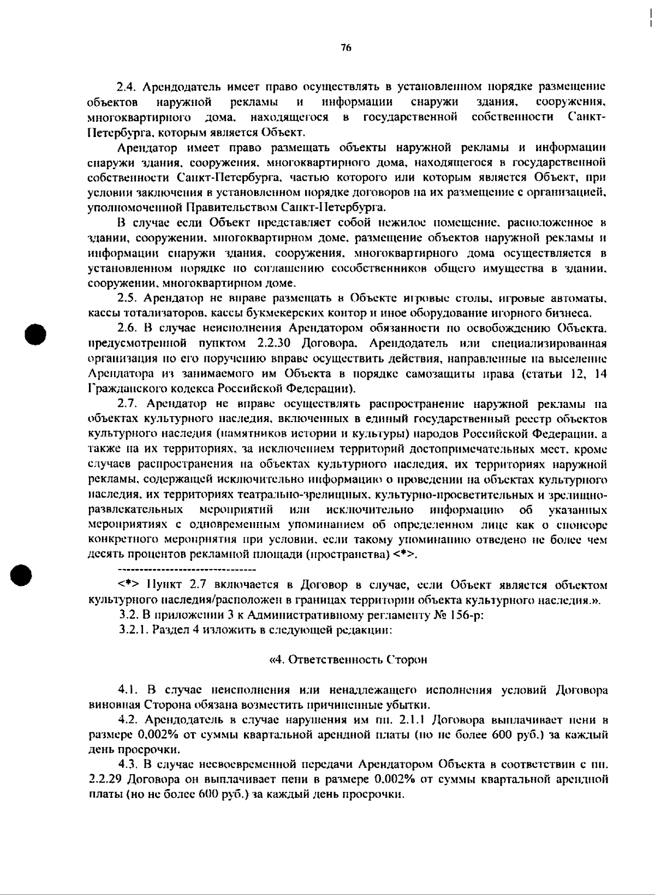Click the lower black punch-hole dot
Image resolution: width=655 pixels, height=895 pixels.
(x=25, y=573)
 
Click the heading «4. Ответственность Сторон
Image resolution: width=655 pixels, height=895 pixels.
(x=348, y=660)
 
